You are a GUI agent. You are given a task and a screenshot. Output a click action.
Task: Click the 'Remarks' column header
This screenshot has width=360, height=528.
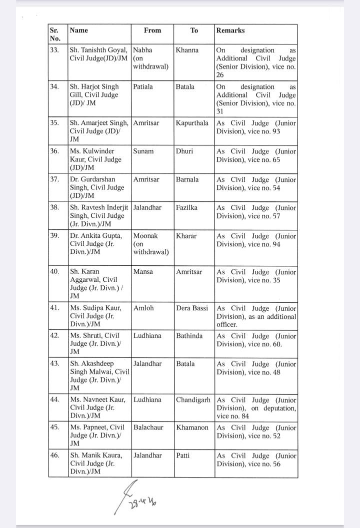(x=230, y=30)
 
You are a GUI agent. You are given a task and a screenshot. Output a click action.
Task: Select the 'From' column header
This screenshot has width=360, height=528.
(x=152, y=30)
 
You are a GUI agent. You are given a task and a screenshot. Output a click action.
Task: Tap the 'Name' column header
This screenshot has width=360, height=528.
(x=79, y=30)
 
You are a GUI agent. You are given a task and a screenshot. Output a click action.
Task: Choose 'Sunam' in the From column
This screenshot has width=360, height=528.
(x=143, y=151)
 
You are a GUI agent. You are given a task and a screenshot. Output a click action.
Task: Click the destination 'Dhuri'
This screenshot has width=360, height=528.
(x=185, y=151)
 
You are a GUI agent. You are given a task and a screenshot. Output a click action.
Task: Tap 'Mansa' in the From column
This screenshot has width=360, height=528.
(x=143, y=272)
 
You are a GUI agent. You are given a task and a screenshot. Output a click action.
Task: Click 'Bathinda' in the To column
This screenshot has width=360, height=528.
(x=189, y=336)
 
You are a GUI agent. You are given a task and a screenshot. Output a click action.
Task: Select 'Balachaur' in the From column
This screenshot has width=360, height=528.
(x=148, y=428)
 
